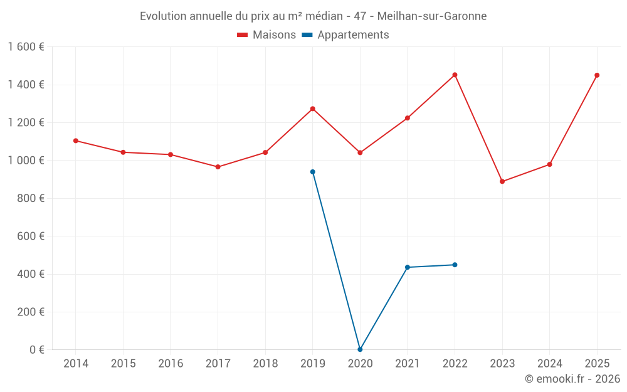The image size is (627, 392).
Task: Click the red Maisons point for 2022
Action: [455, 75]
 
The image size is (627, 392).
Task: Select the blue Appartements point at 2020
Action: [360, 349]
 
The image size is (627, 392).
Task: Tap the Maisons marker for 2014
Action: [76, 140]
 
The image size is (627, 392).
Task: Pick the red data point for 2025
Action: [597, 75]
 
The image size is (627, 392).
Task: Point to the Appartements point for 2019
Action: [312, 172]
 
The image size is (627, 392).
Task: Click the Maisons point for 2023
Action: [502, 181]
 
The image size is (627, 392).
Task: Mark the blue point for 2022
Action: [455, 265]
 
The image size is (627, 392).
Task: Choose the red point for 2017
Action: [218, 167]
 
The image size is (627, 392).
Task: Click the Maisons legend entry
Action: [266, 35]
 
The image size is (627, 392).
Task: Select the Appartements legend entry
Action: [345, 35]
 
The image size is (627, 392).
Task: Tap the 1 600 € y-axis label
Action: [26, 47]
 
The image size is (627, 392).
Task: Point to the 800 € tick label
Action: [30, 198]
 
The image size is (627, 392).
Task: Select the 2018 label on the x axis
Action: [265, 364]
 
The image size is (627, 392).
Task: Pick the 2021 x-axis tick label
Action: [408, 364]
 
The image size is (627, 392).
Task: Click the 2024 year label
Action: [549, 364]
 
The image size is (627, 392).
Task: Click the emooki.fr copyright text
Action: [572, 379]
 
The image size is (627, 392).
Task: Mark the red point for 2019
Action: [312, 109]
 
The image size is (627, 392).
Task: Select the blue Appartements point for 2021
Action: [408, 267]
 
